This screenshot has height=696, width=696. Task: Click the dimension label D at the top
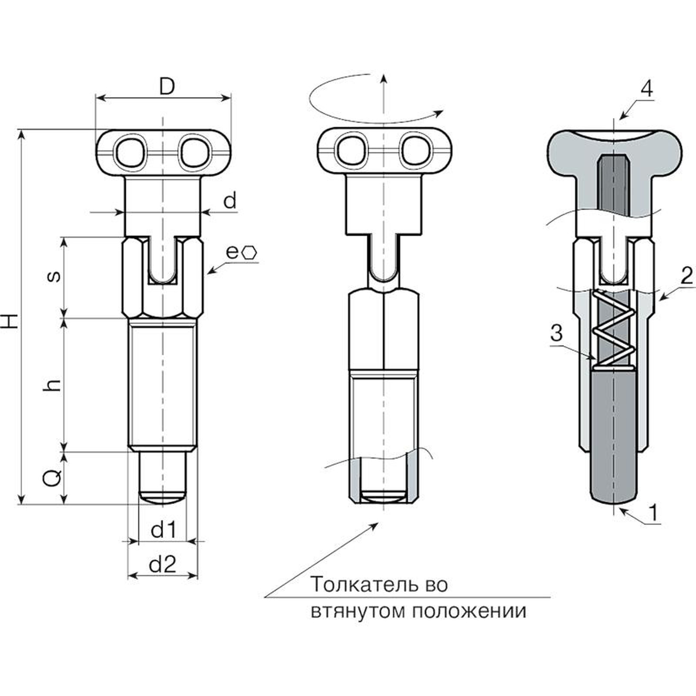click(166, 87)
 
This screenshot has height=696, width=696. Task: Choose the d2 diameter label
click(162, 565)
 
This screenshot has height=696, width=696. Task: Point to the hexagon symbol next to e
click(251, 253)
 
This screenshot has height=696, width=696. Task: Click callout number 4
click(647, 89)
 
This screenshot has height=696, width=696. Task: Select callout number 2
click(686, 276)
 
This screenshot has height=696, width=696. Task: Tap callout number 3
click(556, 334)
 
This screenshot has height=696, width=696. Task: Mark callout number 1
click(654, 512)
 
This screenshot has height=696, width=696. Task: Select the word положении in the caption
click(469, 611)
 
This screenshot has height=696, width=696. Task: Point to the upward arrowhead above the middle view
click(383, 78)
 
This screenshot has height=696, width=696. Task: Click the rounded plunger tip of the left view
click(162, 498)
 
